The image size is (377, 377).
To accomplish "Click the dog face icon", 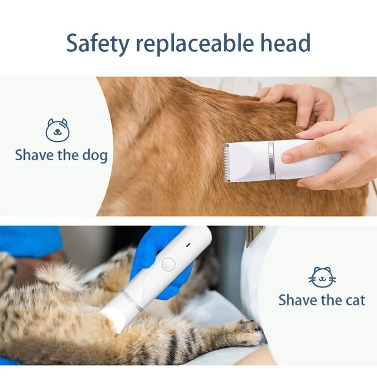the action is coord(57,130).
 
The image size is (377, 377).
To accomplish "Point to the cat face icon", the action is coord(322,277).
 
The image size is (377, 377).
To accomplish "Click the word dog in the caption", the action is coord(95,156).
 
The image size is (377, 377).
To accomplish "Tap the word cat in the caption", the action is coord(354,300).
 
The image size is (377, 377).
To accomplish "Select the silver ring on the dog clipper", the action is coord(271,160).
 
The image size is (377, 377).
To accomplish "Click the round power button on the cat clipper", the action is coord(168,264).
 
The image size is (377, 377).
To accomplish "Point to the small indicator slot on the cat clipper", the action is coord(188,245).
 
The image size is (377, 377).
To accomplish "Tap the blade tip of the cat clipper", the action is coord(116,334).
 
